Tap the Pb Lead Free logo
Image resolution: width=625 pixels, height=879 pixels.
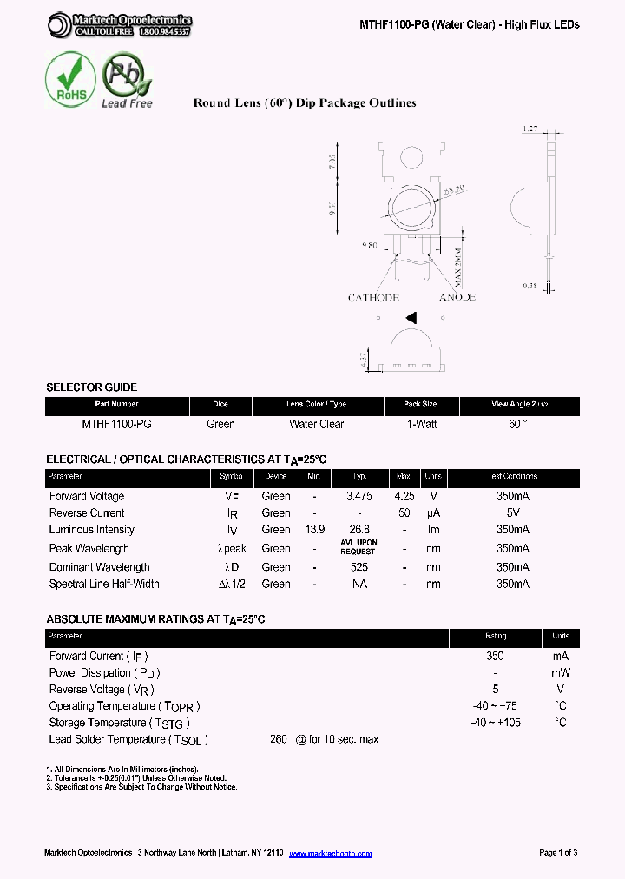pos(127,80)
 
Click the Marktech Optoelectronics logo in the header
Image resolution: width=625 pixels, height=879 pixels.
pos(120,25)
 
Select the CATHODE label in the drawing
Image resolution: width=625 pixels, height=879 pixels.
pos(373,298)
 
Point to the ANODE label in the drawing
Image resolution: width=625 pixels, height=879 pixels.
pos(457,298)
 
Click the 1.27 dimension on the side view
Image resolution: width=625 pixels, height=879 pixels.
pos(531,129)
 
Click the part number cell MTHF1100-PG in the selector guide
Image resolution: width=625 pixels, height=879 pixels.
pos(116,425)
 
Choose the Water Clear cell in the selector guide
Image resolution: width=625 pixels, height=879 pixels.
pos(316,425)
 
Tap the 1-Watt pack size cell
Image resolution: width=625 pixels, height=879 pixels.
pos(421,425)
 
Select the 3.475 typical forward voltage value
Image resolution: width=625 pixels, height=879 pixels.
pos(359,497)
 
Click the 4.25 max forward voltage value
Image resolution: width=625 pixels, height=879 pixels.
pos(404,497)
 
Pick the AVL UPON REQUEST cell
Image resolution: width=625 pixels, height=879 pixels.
pos(358,547)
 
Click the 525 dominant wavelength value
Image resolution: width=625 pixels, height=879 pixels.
pos(359,567)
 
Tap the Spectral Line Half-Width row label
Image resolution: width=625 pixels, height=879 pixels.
pos(104,585)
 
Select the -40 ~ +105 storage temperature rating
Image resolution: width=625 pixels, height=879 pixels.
pos(496,723)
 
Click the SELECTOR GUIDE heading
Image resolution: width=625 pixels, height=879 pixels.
pos(91,387)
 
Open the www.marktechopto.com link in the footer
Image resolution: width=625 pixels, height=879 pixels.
pos(330,854)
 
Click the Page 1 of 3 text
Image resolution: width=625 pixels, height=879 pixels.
pos(558,853)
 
